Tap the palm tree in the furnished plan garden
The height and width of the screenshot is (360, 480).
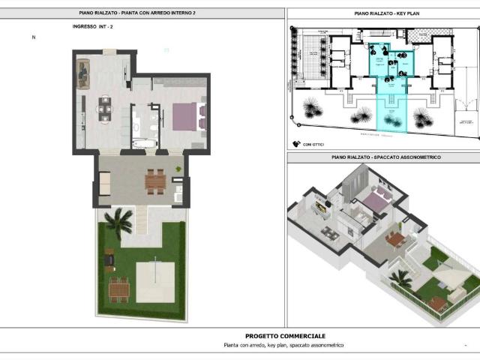click(x=118, y=220)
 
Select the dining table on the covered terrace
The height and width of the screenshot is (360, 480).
click(x=155, y=180)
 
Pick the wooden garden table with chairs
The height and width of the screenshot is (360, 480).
click(x=118, y=288)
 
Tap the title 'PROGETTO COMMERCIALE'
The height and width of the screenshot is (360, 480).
click(x=285, y=336)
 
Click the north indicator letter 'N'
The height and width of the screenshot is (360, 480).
click(x=33, y=37)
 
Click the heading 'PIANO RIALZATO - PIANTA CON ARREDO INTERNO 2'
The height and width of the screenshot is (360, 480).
click(x=142, y=13)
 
